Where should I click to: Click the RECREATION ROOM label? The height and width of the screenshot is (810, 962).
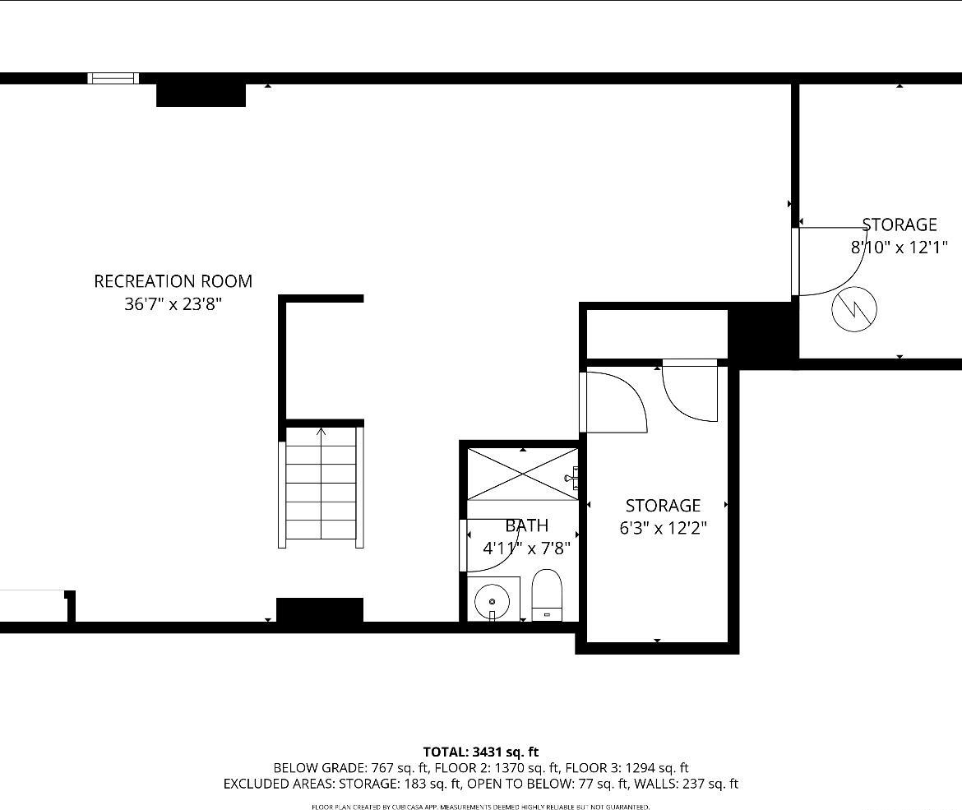pos(173,281)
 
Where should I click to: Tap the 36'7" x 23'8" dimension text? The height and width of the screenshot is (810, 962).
pos(173,304)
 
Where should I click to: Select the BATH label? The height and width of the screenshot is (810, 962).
pos(526,525)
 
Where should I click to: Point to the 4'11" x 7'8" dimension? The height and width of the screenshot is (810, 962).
pos(526,548)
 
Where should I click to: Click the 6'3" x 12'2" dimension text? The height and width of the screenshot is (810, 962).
pos(663,528)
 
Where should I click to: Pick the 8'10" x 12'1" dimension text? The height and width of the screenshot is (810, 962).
pos(900,247)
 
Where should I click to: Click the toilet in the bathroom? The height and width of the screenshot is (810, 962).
pos(547,595)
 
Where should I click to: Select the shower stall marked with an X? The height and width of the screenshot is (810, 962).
pos(523,474)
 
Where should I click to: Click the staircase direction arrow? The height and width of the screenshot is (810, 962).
pos(321,431)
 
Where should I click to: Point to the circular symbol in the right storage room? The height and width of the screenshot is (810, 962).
pos(854,309)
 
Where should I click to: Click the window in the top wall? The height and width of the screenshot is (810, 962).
pos(113,78)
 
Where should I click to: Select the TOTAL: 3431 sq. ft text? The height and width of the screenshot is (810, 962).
pos(480,752)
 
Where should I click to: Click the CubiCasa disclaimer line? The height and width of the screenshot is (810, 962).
pos(480,807)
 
